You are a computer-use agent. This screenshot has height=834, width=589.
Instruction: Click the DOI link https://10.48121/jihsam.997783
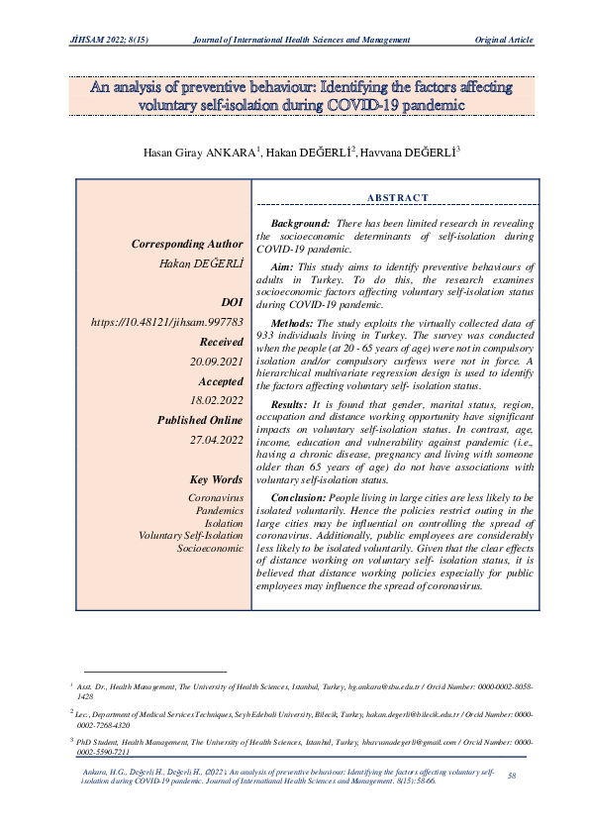(x=166, y=322)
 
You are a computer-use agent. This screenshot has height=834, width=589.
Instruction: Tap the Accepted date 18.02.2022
(x=217, y=401)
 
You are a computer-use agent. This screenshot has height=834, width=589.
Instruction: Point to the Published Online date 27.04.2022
(x=217, y=441)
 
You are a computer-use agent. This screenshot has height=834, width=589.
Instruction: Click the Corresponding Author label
(x=186, y=244)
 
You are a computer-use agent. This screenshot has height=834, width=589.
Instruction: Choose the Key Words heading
(x=215, y=480)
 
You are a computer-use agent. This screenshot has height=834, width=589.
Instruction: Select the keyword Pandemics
(x=220, y=510)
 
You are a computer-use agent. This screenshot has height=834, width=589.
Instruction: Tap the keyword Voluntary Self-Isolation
(x=191, y=535)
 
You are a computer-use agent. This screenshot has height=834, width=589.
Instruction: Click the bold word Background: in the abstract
(x=300, y=226)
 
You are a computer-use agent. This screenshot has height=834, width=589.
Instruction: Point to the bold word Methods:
(x=291, y=323)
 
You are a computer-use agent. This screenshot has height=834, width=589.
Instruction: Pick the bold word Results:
(x=290, y=406)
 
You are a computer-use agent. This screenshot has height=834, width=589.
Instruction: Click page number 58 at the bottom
(x=512, y=775)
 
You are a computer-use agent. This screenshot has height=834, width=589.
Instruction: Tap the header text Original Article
(x=505, y=40)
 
